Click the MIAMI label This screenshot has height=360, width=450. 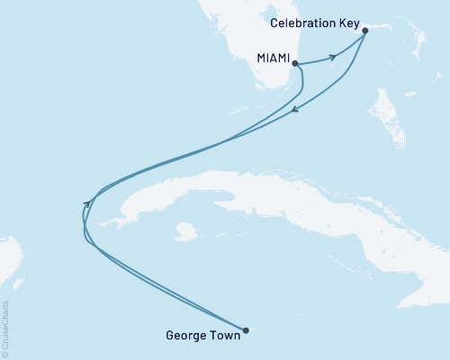pos(273,59)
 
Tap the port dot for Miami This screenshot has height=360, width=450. pos(294,62)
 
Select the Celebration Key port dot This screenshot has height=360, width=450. pos(364,31)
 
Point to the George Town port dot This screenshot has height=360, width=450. pos(246,328)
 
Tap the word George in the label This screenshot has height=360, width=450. pos(186,337)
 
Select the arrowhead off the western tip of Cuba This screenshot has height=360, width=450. pos(86,204)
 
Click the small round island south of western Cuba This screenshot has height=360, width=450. pos(185,231)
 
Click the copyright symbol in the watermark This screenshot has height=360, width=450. pos(5,354)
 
